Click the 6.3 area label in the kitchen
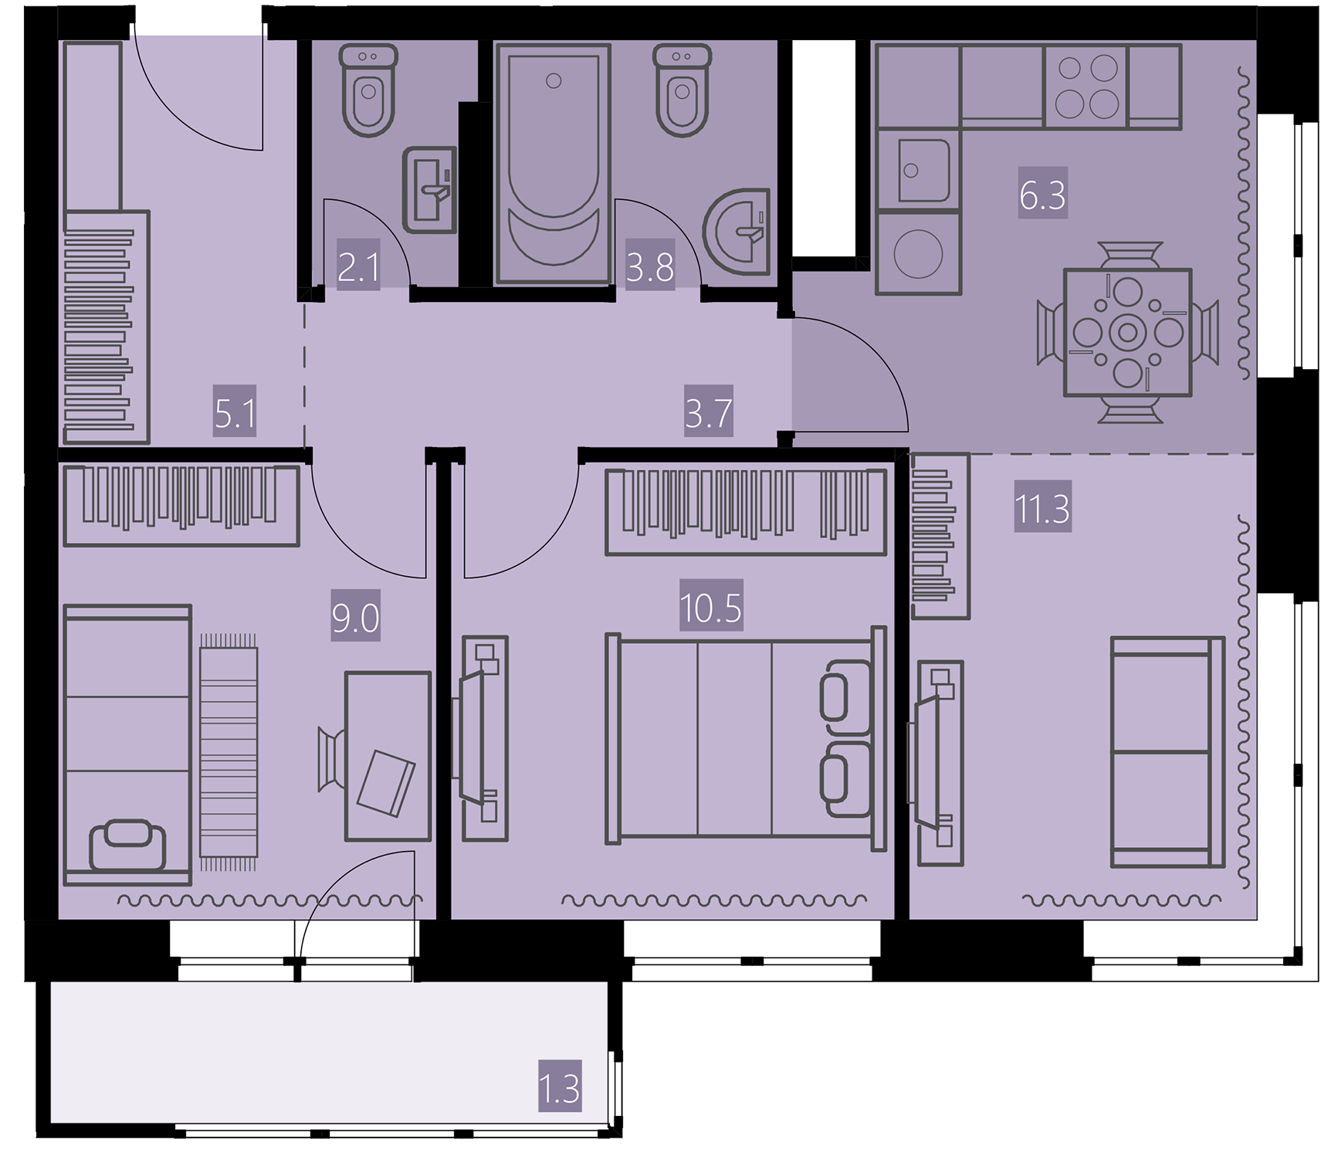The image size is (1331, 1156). click(x=1042, y=195)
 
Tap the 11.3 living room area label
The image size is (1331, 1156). click(x=1042, y=509)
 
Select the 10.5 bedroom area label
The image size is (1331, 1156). click(x=711, y=608)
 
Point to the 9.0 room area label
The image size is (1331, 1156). click(x=356, y=619)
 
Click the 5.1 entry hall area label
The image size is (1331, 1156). click(x=235, y=415)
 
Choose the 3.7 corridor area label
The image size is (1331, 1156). click(x=709, y=413)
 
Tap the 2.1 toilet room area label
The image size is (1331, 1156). click(x=358, y=267)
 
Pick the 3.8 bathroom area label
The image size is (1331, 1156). click(x=650, y=267)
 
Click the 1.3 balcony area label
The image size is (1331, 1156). click(x=560, y=1088)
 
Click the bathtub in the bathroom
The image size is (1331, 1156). click(x=554, y=164)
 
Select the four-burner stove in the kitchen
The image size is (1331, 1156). click(x=1085, y=86)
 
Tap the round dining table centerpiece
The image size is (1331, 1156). click(x=1128, y=333)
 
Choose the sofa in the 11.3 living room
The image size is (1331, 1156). click(x=1167, y=752)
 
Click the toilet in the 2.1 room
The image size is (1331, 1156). click(x=368, y=90)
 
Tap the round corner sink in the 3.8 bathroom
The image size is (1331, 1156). click(x=738, y=231)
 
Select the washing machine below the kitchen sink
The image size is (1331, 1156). click(x=918, y=252)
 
